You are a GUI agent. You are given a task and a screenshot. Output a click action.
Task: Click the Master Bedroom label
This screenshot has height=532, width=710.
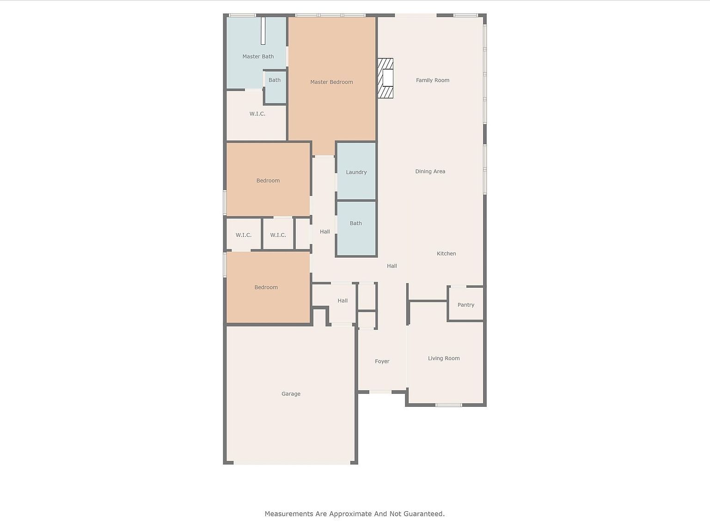(331, 82)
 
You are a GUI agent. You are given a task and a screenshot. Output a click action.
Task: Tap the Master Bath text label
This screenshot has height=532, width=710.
(258, 57)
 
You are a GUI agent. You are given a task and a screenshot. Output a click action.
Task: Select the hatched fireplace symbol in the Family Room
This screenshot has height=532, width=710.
(386, 78)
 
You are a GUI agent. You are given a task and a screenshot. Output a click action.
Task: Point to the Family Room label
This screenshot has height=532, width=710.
(432, 80)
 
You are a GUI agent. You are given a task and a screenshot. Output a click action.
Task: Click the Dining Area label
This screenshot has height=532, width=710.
(430, 171)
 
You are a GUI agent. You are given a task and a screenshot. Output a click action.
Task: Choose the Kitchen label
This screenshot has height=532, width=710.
(446, 254)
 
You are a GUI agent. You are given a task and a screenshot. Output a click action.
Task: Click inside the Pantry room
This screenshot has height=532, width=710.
(465, 305)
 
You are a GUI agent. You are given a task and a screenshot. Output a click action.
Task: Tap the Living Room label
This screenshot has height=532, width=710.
(443, 358)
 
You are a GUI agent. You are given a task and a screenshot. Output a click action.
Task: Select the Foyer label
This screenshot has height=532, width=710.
(382, 362)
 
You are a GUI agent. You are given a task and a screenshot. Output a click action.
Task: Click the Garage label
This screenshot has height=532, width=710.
(291, 394)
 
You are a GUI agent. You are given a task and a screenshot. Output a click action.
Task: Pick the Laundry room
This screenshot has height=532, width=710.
(356, 172)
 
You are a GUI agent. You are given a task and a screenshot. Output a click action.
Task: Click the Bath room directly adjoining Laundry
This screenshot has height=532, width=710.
(355, 224)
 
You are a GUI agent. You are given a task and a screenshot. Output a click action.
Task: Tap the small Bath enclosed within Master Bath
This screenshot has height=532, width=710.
(275, 86)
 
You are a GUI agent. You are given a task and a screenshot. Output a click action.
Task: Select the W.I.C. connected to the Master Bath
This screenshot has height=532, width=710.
(257, 114)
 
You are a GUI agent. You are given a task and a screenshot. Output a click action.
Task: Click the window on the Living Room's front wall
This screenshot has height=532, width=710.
(448, 405)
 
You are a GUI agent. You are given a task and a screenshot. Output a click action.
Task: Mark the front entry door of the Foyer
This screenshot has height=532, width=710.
(380, 392)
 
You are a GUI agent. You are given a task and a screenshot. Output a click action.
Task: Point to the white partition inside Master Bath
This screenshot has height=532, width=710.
(263, 31)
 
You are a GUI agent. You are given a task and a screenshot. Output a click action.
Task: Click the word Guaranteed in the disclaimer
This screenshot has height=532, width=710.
(423, 514)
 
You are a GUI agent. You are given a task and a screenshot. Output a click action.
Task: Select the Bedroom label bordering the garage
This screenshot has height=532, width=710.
(266, 287)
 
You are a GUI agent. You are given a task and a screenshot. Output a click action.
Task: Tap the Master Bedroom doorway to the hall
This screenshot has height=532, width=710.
(324, 157)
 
